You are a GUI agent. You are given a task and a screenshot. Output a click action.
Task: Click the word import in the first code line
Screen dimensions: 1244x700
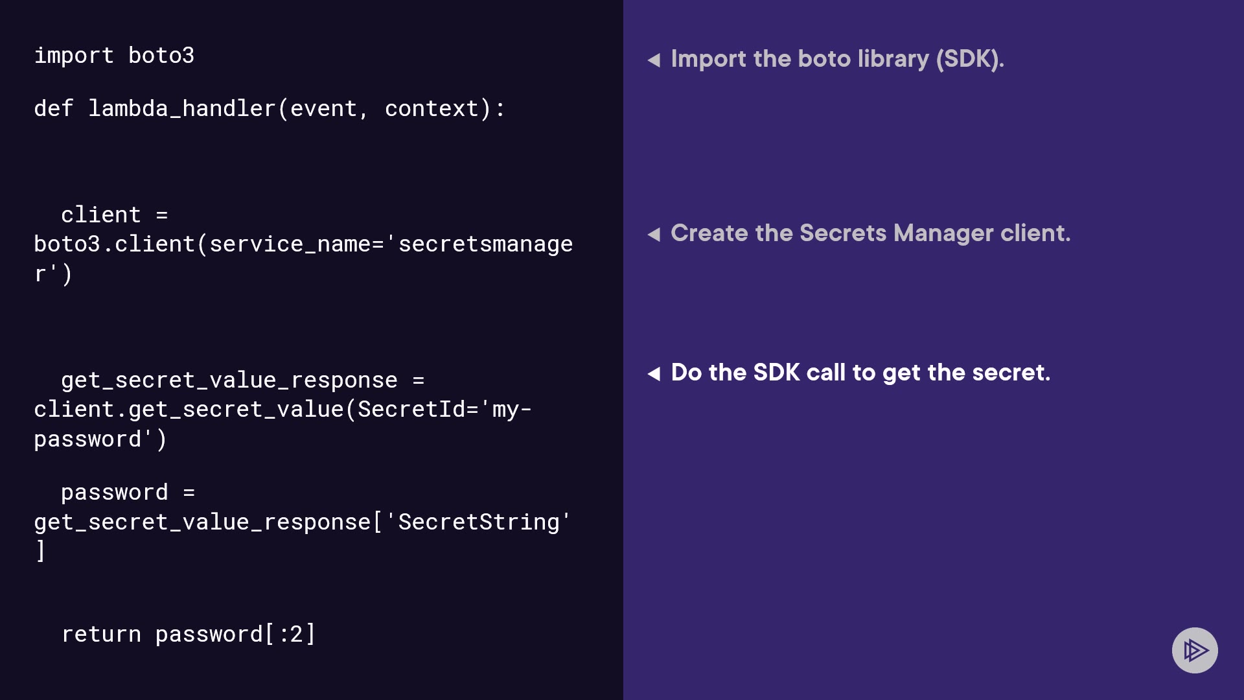(74, 56)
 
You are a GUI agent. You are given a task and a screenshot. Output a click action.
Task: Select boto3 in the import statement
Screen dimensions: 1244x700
(161, 56)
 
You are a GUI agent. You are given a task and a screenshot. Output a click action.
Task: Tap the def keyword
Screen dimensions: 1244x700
(54, 109)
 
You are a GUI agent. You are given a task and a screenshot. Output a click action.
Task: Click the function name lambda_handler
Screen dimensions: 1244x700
(182, 109)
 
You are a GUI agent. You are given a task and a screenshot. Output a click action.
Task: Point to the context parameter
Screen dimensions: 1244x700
(432, 109)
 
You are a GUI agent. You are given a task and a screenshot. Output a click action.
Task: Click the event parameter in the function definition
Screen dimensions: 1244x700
(323, 109)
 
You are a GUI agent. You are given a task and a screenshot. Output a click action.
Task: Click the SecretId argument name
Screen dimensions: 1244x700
(411, 410)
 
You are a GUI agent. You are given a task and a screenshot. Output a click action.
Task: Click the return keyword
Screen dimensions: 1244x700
(101, 635)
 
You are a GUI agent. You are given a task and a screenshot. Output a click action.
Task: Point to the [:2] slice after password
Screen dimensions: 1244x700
(290, 635)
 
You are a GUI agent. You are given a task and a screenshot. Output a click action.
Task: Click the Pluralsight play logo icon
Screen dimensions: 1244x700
(1195, 650)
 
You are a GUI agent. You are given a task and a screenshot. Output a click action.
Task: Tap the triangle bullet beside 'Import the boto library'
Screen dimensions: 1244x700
(654, 60)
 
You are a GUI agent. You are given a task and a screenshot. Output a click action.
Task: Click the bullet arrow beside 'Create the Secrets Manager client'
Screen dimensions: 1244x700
(654, 235)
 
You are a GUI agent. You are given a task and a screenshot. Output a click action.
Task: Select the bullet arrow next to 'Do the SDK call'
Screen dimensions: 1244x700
(654, 374)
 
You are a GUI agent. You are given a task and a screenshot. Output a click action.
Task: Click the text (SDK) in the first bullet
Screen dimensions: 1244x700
(969, 59)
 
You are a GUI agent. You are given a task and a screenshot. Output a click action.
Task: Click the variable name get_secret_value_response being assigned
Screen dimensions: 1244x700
(229, 380)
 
